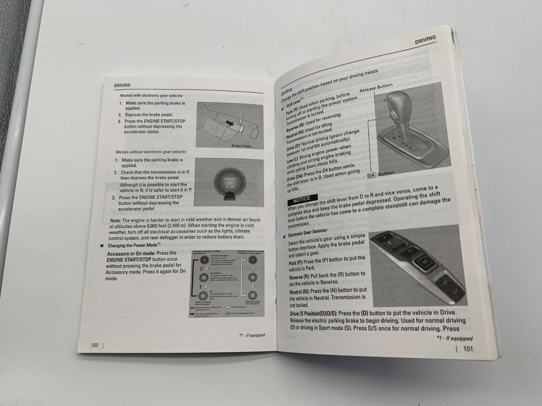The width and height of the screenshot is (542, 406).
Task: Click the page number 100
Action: (x=95, y=345)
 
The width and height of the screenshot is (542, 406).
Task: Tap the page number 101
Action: (x=468, y=349)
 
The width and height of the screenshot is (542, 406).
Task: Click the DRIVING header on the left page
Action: (x=122, y=85)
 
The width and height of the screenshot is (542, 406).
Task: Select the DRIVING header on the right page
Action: (x=425, y=40)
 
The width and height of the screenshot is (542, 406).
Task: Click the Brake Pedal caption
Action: (x=241, y=146)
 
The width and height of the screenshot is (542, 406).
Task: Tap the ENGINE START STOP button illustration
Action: (x=230, y=183)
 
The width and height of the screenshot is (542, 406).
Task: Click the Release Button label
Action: (x=376, y=88)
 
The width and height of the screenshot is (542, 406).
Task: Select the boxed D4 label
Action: (x=371, y=175)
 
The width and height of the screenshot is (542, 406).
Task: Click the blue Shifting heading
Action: (x=287, y=92)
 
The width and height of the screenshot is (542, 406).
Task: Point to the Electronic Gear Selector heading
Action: (x=308, y=233)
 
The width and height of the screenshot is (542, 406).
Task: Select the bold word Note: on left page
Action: (x=116, y=221)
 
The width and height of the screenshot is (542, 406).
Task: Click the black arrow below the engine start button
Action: (x=230, y=196)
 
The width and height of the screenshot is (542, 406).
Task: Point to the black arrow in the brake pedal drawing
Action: (x=230, y=122)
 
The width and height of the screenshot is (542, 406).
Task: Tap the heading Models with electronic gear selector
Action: (x=149, y=96)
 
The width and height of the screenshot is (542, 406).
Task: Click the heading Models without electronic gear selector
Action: (x=151, y=152)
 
